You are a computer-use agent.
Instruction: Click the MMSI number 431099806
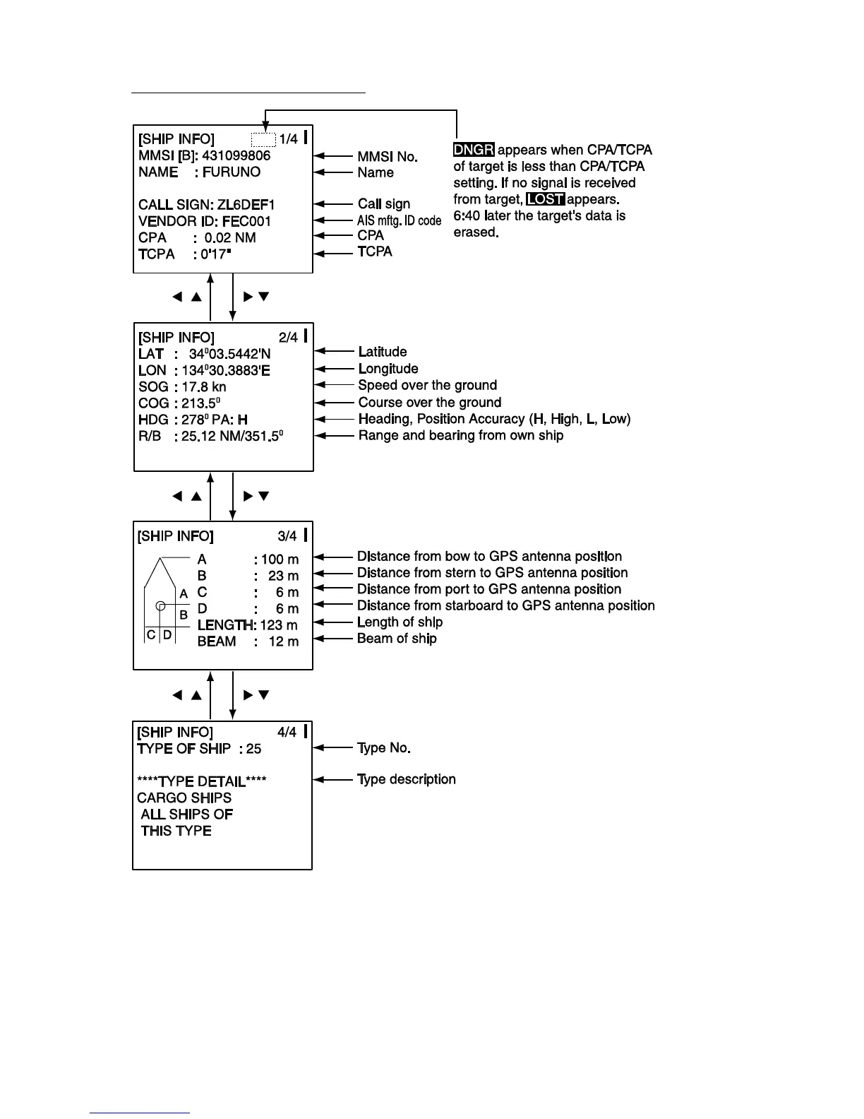tap(236, 156)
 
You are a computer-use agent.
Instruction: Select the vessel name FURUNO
tap(232, 172)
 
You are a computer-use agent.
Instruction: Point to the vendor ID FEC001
tap(246, 221)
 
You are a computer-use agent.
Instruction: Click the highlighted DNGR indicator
tap(474, 150)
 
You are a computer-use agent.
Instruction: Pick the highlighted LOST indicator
tap(546, 199)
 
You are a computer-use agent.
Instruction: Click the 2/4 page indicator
tap(288, 338)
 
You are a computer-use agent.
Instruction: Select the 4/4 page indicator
tap(287, 733)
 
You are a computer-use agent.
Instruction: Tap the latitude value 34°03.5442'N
tap(229, 354)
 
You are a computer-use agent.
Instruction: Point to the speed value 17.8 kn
tap(204, 387)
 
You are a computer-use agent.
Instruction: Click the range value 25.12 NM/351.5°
tap(232, 437)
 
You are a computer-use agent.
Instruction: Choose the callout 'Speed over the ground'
tap(427, 386)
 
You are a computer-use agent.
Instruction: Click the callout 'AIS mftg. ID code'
tap(399, 220)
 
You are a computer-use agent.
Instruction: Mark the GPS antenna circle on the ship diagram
tap(161, 605)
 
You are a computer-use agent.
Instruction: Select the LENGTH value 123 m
tap(279, 625)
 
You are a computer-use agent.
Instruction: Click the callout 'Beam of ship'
tap(397, 639)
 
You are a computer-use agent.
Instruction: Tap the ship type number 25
tap(253, 749)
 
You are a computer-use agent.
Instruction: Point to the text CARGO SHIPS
tap(184, 798)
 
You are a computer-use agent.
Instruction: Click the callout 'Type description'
tap(406, 779)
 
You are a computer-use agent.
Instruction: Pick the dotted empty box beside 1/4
tap(263, 139)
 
